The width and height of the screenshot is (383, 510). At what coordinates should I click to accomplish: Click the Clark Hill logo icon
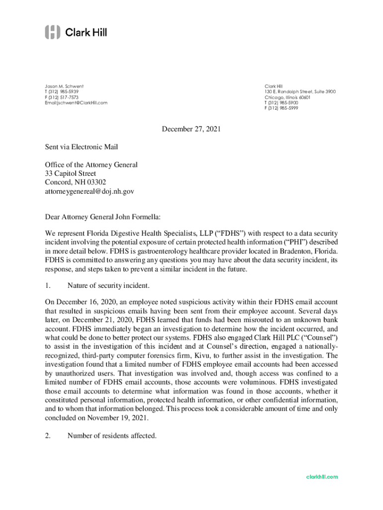pyautogui.click(x=53, y=32)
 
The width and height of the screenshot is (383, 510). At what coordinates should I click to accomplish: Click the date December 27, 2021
pyautogui.click(x=191, y=129)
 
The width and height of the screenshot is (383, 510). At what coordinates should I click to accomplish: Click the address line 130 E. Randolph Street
pyautogui.click(x=300, y=92)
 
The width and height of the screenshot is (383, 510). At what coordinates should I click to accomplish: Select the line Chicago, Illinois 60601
pyautogui.click(x=288, y=97)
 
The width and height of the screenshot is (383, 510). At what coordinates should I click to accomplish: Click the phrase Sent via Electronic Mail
pyautogui.click(x=82, y=147)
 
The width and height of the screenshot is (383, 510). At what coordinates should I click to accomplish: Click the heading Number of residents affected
pyautogui.click(x=112, y=436)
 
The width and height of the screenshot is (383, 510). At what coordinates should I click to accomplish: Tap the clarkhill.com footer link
pyautogui.click(x=322, y=477)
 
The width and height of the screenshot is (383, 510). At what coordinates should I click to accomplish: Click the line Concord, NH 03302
pyautogui.click(x=75, y=182)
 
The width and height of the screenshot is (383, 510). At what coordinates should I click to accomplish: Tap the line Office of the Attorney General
pyautogui.click(x=91, y=164)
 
